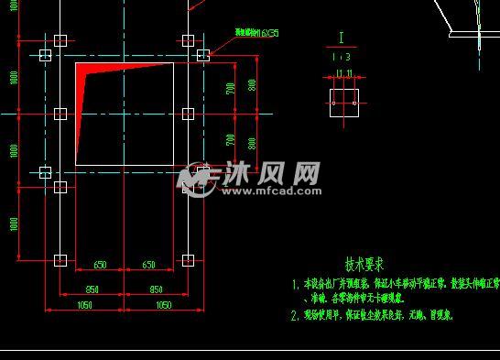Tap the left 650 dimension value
click(x=100, y=265)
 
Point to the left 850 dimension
click(x=92, y=290)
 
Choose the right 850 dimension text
click(x=156, y=290)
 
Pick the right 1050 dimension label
click(x=164, y=305)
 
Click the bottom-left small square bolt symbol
click(x=60, y=260)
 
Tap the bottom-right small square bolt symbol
click(x=188, y=260)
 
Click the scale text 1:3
click(x=343, y=57)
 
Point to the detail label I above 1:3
click(x=342, y=38)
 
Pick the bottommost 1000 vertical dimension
click(x=14, y=224)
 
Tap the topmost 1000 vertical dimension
click(x=14, y=77)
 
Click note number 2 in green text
click(x=295, y=315)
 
